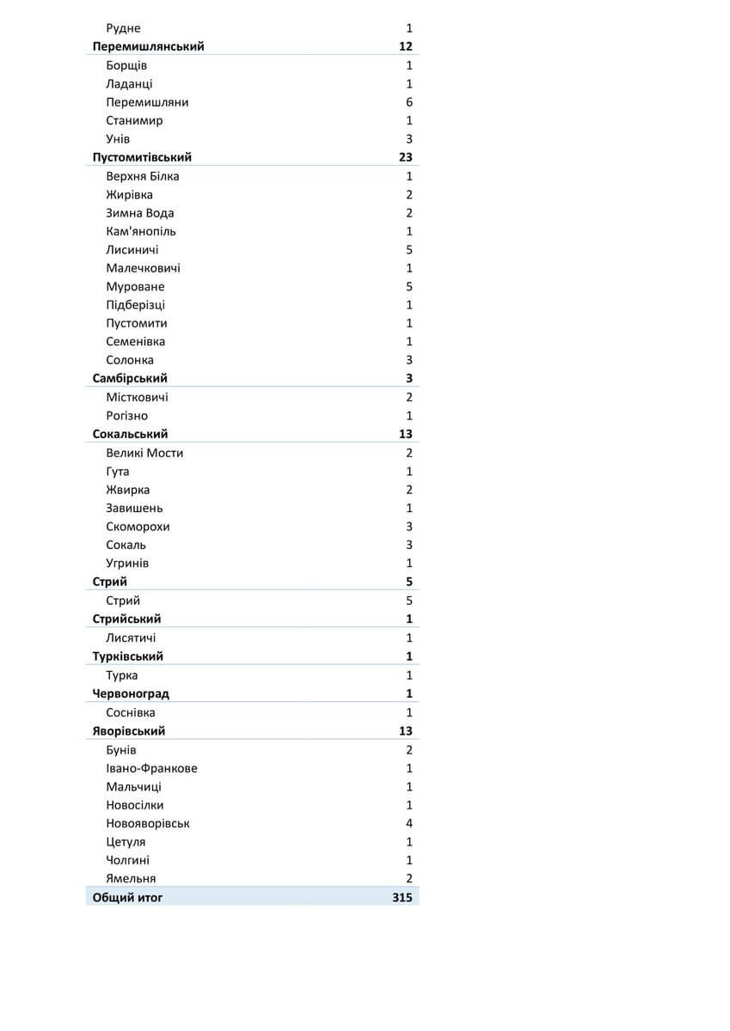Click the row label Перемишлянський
tap(148, 46)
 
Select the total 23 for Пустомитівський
tap(405, 157)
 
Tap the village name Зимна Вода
tap(139, 213)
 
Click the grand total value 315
tap(402, 898)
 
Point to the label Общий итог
tap(127, 898)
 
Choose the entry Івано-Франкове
tap(151, 769)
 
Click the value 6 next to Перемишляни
tap(409, 102)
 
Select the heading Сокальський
tap(130, 434)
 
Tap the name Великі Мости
tap(144, 453)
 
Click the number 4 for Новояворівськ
tap(409, 823)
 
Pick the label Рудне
tap(123, 28)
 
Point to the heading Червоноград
tap(131, 693)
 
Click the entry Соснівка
tap(131, 712)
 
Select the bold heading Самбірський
tap(130, 378)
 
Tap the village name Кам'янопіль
tap(141, 231)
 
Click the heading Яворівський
tap(129, 731)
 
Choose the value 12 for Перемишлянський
tap(406, 46)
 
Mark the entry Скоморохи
tap(138, 527)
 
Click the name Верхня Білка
tap(143, 176)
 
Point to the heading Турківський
tap(127, 656)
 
